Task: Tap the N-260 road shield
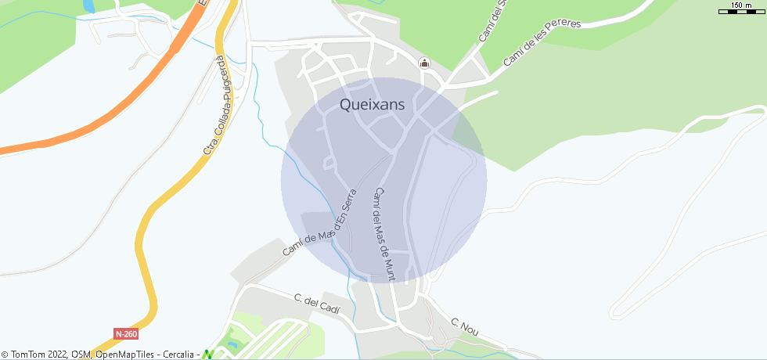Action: [x=126, y=333]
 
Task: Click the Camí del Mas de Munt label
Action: [x=384, y=234]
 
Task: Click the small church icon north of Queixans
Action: [x=424, y=63]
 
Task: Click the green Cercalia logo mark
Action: [x=208, y=355]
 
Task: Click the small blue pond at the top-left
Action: [x=88, y=5]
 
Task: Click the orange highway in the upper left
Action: [x=117, y=102]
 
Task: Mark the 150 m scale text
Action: [x=740, y=5]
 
